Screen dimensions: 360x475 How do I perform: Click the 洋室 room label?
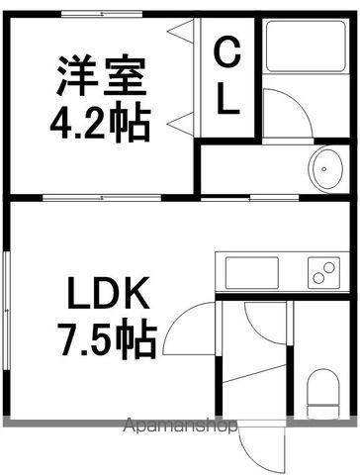(x=102, y=77)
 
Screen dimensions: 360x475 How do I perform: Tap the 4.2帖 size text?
(x=101, y=122)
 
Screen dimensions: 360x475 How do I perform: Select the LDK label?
(x=108, y=293)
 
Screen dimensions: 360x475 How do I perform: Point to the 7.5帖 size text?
(x=107, y=339)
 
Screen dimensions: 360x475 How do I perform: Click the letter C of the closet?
(x=226, y=50)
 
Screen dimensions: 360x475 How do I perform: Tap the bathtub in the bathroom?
(x=306, y=46)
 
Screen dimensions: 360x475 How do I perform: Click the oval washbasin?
(x=327, y=168)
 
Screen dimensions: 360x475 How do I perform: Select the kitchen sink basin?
(x=252, y=273)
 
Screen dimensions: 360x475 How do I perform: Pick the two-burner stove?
(x=323, y=273)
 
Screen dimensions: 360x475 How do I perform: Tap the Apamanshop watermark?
(x=180, y=426)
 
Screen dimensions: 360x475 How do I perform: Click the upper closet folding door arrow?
(x=180, y=31)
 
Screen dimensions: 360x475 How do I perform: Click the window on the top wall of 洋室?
(x=102, y=14)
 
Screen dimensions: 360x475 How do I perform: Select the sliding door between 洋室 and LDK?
(x=102, y=198)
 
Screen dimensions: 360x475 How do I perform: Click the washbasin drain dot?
(x=324, y=169)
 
